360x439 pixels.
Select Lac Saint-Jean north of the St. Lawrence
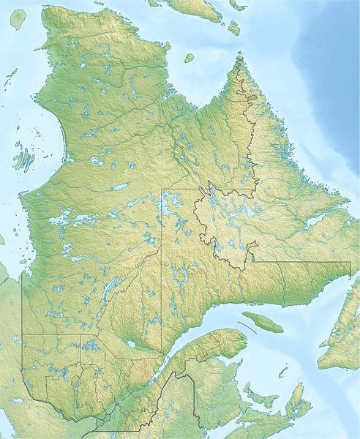pos(130,343)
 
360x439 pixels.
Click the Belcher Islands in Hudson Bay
pos(23,157)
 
